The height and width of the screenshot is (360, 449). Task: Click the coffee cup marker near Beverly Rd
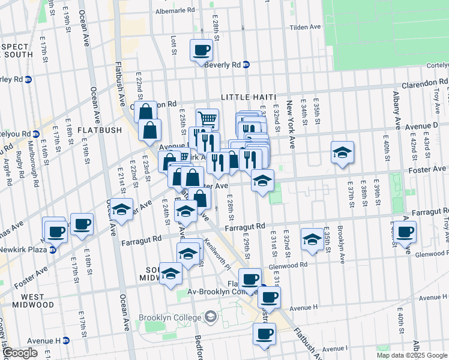pyautogui.click(x=202, y=50)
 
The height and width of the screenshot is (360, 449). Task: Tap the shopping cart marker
pyautogui.click(x=208, y=119)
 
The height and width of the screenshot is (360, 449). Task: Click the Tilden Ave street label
pyautogui.click(x=306, y=28)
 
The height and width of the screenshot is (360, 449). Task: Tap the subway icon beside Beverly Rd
pyautogui.click(x=247, y=65)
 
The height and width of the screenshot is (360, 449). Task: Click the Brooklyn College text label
pyautogui.click(x=171, y=317)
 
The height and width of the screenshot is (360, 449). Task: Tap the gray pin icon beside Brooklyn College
pyautogui.click(x=211, y=316)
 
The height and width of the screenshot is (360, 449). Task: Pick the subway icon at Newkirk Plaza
pyautogui.click(x=52, y=250)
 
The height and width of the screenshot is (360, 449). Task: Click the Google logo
pyautogui.click(x=19, y=353)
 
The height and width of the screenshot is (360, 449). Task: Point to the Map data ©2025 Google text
pyautogui.click(x=411, y=355)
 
